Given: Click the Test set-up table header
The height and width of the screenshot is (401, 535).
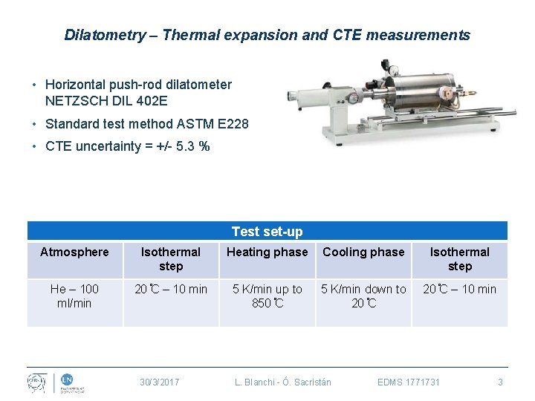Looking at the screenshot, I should click(x=267, y=232).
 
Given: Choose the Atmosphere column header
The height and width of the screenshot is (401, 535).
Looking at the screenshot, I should click(x=74, y=252).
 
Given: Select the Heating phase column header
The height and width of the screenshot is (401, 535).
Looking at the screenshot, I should click(x=267, y=252).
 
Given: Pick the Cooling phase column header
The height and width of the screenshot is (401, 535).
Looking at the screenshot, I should click(x=363, y=252).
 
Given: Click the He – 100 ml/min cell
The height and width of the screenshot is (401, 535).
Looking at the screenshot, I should click(x=74, y=296).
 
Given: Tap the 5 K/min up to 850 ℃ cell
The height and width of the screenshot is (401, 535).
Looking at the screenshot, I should click(x=267, y=296).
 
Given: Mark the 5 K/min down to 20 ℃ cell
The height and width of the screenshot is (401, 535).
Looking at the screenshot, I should click(x=363, y=296).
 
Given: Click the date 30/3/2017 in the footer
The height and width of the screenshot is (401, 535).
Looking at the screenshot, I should click(x=160, y=382).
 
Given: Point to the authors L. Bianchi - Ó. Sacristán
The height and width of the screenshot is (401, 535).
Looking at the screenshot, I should click(x=283, y=382).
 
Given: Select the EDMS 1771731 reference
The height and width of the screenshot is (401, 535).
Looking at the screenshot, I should click(x=409, y=382).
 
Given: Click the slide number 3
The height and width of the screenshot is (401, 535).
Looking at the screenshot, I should click(x=500, y=382).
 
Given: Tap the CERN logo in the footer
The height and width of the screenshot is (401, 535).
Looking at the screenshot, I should click(x=37, y=382).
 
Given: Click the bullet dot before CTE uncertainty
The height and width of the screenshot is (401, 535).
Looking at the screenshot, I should click(x=35, y=146).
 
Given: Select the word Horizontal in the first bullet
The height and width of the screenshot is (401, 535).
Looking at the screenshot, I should click(x=75, y=85).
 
